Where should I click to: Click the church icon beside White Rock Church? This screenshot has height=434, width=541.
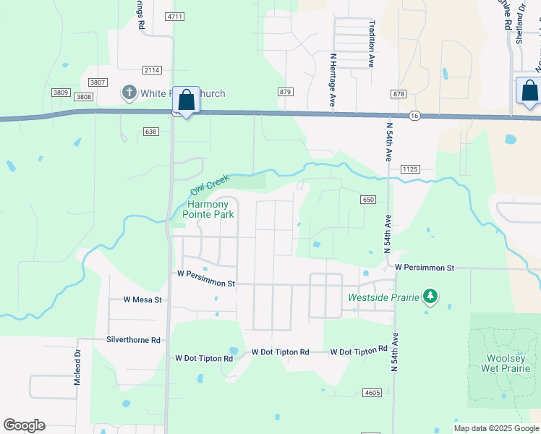coord(129,92)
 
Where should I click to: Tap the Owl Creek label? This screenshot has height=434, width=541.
coord(210,184)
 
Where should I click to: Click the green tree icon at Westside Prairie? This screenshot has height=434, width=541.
coord(431,296)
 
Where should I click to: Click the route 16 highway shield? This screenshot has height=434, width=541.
coord(414,115)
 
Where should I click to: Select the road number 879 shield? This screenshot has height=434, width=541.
coord(285,92)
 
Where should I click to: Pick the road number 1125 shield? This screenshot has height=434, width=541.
coord(409,169)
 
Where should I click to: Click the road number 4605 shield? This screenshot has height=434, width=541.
coord(372,393)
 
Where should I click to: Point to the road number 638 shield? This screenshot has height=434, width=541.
coord(150,132)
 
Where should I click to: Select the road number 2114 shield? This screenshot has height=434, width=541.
coord(152,70)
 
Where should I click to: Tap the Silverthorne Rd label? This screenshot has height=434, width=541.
coord(133,339)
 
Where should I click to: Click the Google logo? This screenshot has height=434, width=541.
coord(24,425)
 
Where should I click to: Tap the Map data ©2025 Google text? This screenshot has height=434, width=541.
coord(495,428)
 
